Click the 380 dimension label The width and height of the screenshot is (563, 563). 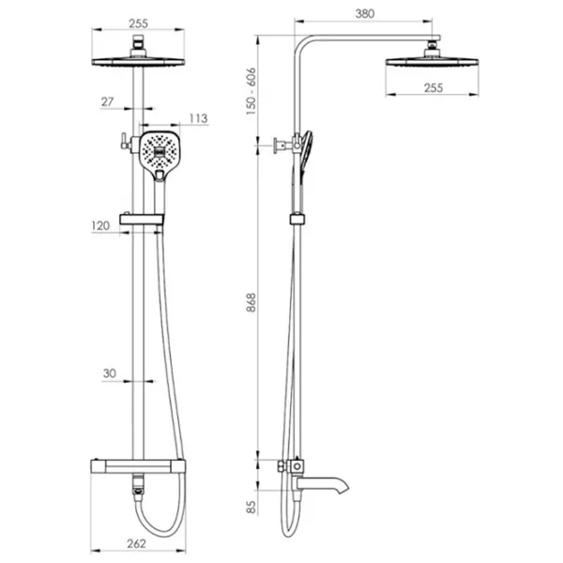click(365, 14)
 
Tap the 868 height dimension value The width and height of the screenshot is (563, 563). click(251, 302)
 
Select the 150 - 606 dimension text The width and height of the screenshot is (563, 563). click(251, 91)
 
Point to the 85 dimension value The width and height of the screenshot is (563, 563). click(251, 508)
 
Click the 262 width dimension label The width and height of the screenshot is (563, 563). click(136, 543)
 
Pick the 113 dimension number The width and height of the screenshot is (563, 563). click(198, 118)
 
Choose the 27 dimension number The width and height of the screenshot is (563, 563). click(107, 102)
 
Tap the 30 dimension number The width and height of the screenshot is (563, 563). click(110, 373)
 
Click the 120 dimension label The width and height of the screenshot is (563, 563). click(100, 226)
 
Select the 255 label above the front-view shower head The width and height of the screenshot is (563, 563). click(138, 23)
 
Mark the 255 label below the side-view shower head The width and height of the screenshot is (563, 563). click(434, 88)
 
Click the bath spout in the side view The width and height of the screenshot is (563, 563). click(320, 484)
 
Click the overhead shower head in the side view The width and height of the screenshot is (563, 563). click(432, 57)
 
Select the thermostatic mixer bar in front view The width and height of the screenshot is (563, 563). click(138, 466)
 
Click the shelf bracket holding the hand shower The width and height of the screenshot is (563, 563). click(142, 219)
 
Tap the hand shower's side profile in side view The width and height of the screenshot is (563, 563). click(304, 156)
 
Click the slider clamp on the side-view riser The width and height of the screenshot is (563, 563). click(297, 219)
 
